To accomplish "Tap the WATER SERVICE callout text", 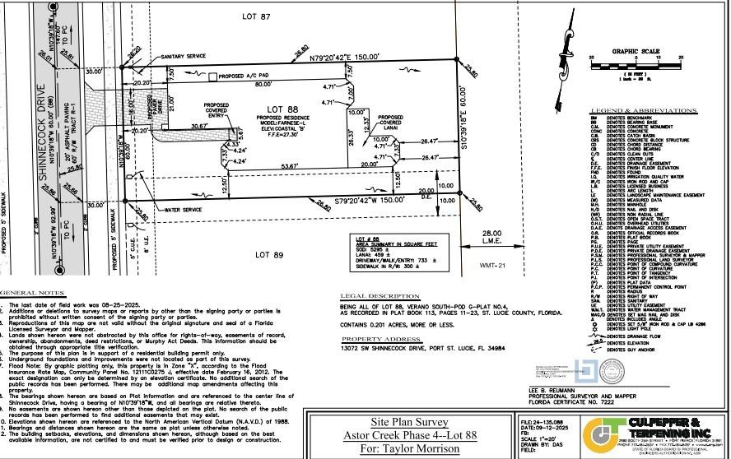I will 184,211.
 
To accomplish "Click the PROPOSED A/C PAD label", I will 247,76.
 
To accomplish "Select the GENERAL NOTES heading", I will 32,294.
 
